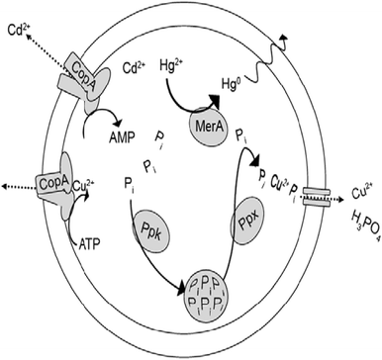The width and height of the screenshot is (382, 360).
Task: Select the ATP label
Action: [x=97, y=240]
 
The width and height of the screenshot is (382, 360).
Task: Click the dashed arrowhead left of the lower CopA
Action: [x=7, y=186]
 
